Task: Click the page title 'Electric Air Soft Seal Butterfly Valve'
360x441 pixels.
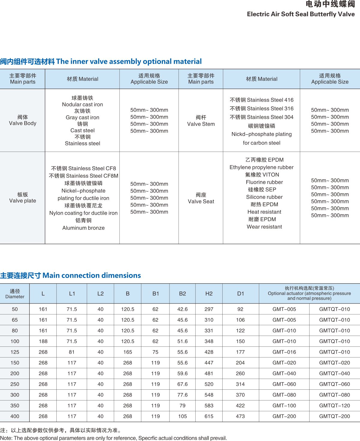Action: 301,14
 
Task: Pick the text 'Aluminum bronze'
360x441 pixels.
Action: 83,228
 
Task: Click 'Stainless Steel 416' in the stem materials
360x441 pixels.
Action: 261,100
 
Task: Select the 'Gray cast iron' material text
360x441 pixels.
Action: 82,117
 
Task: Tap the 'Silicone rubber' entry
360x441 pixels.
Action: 264,197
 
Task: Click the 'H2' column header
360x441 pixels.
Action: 209,294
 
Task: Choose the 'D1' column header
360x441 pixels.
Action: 241,294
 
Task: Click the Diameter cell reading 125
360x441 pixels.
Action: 15,352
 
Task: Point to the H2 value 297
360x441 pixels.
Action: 209,309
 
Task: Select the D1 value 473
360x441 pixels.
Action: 240,416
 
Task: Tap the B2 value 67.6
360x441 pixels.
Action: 182,384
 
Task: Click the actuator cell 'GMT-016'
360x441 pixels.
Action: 284,352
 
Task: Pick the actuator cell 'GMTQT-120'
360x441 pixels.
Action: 334,406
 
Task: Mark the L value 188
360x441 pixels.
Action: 43,341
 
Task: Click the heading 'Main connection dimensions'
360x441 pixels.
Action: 91,275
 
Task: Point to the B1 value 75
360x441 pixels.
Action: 155,352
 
